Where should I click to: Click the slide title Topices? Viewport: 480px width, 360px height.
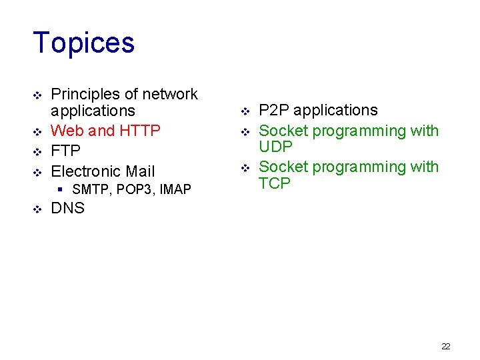tap(83, 43)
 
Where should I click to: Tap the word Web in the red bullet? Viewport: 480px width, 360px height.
tap(65, 131)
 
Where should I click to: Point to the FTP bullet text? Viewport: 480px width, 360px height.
tap(66, 151)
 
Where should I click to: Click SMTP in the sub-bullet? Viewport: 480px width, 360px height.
tap(92, 190)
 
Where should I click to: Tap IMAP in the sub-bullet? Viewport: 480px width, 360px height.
tap(175, 190)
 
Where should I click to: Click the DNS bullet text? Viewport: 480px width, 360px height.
tap(68, 208)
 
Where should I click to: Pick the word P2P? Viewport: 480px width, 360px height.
tap(273, 110)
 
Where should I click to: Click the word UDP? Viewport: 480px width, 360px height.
tap(276, 147)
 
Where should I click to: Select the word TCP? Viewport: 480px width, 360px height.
tap(275, 183)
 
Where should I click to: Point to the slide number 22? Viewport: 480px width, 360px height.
tap(446, 346)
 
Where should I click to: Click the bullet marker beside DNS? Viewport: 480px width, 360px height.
tap(37, 209)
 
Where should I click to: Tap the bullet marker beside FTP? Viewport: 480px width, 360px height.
tap(37, 151)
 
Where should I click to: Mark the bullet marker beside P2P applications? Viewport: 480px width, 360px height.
tap(245, 111)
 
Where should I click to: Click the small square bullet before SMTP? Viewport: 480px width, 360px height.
tap(61, 190)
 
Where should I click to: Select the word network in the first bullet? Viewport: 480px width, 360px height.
tap(171, 94)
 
